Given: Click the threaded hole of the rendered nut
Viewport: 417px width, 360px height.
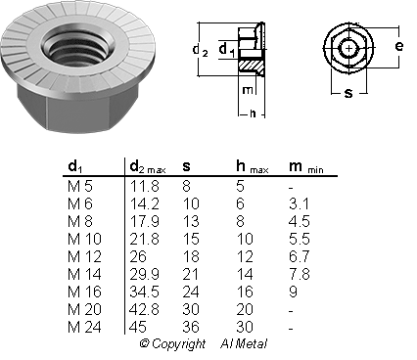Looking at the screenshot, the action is (x=78, y=47).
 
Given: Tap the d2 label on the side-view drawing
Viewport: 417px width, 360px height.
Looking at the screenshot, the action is (x=200, y=51).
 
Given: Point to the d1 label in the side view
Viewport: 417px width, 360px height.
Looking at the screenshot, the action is (x=226, y=51).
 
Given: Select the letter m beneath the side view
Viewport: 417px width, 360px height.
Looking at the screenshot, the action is (x=248, y=90).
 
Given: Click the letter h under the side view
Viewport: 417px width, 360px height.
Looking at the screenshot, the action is (x=253, y=113).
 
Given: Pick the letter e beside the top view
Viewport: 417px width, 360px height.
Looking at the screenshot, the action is (x=398, y=46).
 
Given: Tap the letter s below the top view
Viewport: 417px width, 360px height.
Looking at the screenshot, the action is (x=348, y=93).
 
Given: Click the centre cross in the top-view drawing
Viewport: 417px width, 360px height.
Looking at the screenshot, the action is (x=349, y=49).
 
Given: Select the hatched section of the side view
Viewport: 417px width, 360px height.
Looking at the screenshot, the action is (x=251, y=67).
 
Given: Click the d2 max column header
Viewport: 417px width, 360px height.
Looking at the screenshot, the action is (x=148, y=166).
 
